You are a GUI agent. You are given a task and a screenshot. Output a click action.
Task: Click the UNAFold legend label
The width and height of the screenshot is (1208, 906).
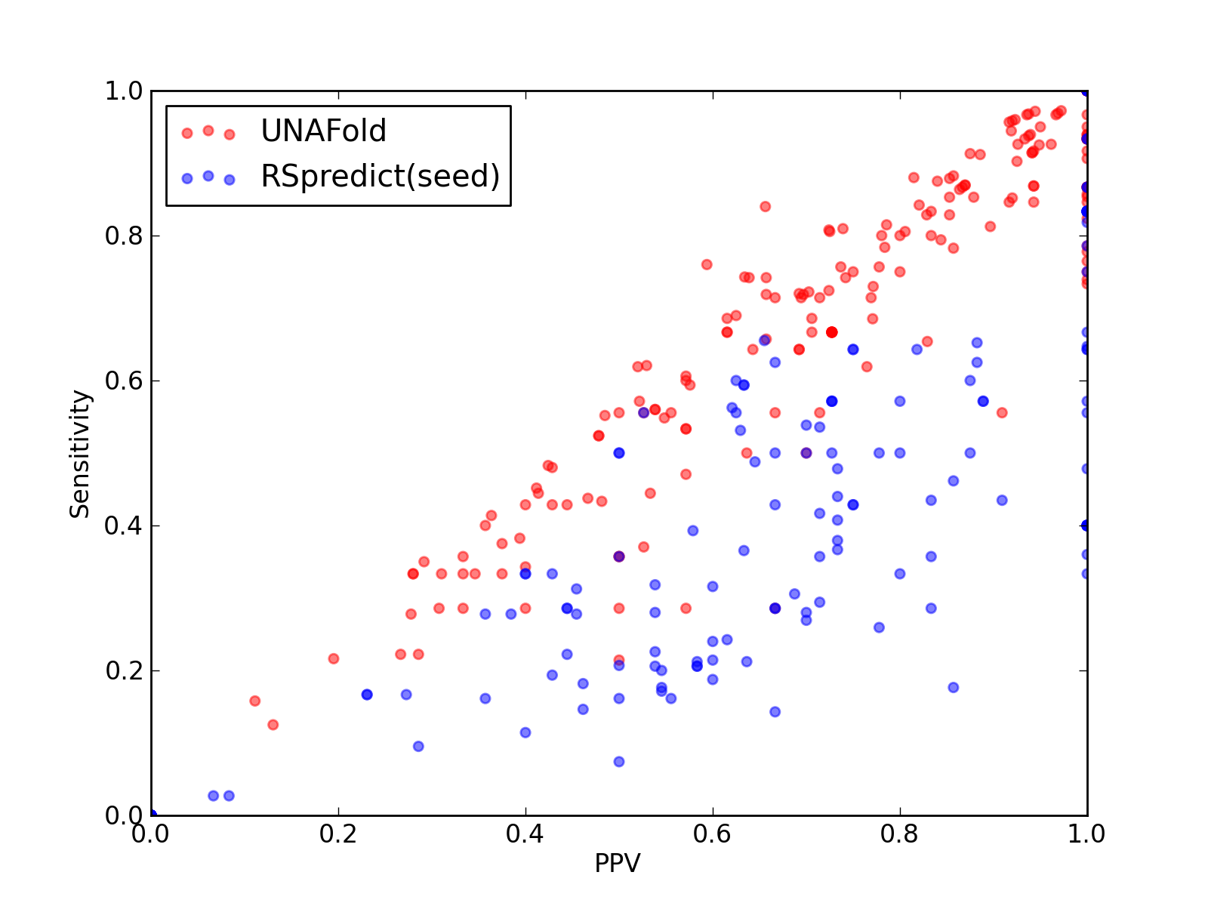coord(323,131)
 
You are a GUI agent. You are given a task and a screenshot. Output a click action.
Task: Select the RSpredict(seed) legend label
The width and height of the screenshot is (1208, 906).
coord(381,176)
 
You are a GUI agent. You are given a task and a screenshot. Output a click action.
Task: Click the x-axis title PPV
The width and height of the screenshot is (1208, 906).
coord(618,863)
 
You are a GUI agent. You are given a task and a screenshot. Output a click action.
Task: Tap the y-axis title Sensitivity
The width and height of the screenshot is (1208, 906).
coord(79,454)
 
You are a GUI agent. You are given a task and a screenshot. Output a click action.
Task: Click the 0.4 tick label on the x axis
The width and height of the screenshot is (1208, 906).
coord(525,834)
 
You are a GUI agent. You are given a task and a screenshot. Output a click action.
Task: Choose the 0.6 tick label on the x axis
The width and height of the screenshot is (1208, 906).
coord(712,834)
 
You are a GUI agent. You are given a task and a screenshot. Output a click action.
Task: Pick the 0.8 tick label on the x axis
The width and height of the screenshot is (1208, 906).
coord(899,834)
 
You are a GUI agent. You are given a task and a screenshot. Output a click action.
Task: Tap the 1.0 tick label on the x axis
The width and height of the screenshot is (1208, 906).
coord(1086,834)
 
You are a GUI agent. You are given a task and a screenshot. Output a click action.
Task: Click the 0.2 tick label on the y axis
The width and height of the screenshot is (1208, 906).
coord(124,670)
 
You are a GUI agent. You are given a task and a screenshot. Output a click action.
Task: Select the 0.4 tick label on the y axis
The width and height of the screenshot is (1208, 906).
coord(124,526)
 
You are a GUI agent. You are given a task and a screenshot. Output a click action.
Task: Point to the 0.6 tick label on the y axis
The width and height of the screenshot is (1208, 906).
coord(124,381)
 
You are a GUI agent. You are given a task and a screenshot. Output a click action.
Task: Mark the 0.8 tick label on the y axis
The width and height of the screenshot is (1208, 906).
coord(124,236)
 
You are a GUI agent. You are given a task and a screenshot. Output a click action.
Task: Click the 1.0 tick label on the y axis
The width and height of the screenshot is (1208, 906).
coord(124,91)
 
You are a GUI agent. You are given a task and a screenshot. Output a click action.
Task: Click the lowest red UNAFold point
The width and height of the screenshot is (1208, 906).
coord(273,725)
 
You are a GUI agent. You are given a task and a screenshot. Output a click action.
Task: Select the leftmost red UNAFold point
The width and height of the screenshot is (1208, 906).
coord(254,701)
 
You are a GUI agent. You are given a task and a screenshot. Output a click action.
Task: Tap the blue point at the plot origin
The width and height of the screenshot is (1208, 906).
coord(153,815)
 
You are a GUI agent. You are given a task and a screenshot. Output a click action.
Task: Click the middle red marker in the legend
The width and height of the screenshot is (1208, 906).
coord(208,131)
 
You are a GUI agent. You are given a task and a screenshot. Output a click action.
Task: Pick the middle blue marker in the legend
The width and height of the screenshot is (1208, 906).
coord(208,176)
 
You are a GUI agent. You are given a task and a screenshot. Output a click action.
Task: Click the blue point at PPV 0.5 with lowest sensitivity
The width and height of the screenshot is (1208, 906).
coord(618,761)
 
